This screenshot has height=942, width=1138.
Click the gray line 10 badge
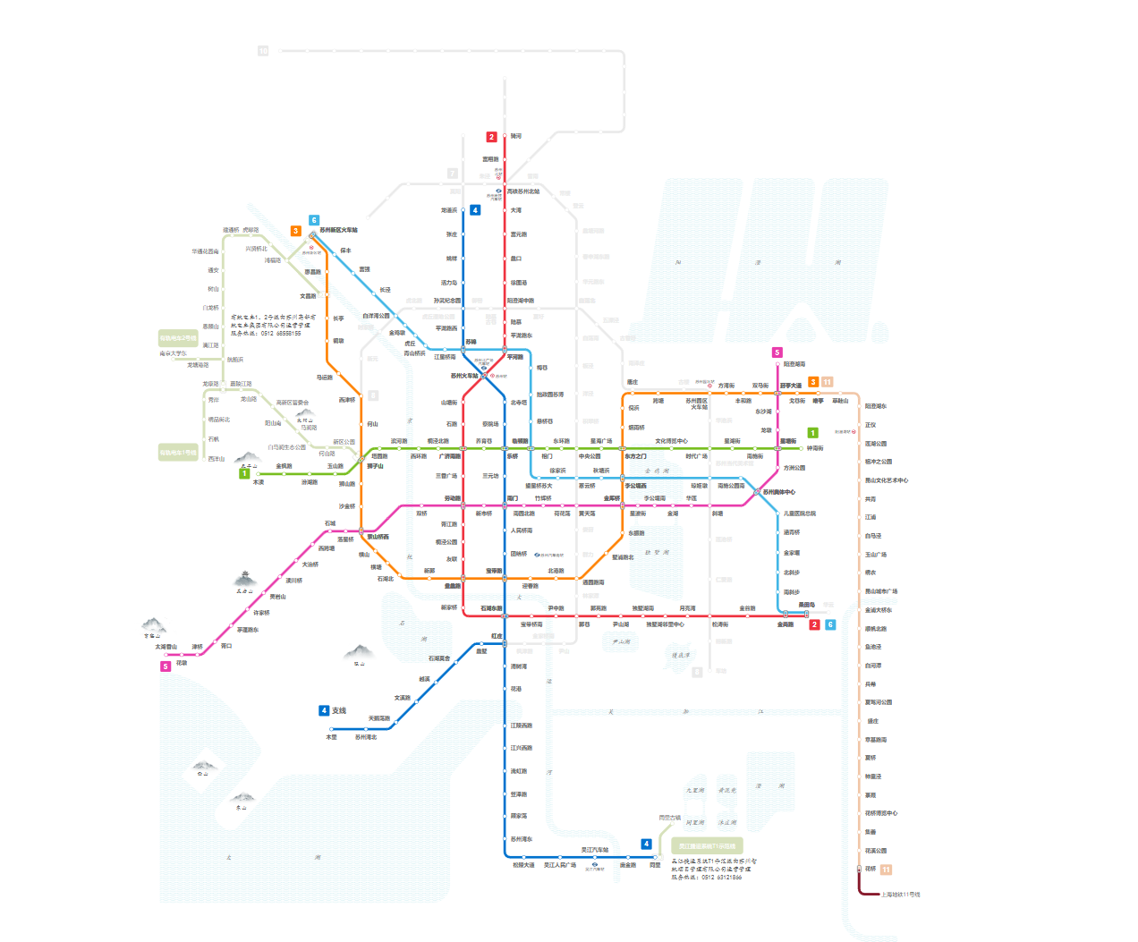pos(263,51)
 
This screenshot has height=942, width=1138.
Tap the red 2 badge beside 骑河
pos(491,137)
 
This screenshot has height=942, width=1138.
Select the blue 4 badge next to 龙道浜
pos(475,210)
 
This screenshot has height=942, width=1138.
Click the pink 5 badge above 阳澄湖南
pos(777,352)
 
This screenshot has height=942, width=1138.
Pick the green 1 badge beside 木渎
pos(244,473)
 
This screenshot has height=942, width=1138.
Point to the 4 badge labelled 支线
pos(324,710)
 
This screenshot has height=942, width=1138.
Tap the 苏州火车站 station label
pos(463,376)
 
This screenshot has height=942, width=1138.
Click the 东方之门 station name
pos(635,456)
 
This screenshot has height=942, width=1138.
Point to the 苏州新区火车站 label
pos(338,230)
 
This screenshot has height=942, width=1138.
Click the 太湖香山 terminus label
pos(166,647)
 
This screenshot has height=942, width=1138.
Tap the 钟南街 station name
pos(815,448)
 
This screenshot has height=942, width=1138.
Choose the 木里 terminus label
pos(331,737)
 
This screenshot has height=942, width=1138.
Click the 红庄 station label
pos(497,636)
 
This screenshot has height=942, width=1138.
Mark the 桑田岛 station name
pos(806,605)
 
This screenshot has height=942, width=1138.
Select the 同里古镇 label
pos(669,818)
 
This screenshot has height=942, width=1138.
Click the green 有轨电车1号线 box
pos(178,453)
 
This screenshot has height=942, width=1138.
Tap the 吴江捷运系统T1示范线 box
pos(707,845)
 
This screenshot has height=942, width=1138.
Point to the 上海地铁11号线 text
pos(900,895)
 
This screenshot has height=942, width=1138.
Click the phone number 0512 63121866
pos(720,878)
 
